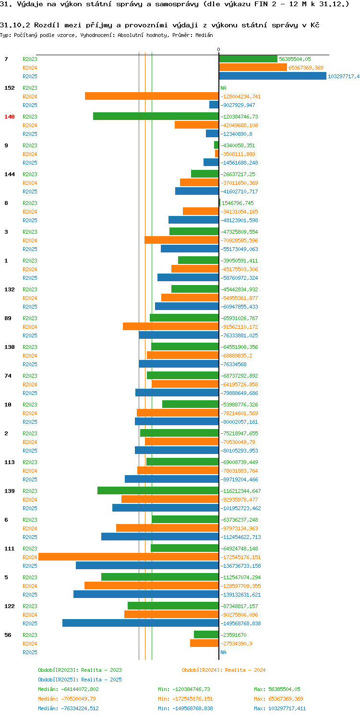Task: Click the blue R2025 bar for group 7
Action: click(273, 76)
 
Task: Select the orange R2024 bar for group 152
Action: click(152, 96)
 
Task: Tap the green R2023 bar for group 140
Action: click(156, 116)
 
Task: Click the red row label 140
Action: click(10, 117)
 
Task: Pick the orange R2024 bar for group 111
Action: click(129, 557)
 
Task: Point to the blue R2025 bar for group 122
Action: click(141, 623)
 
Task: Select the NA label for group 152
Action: click(223, 88)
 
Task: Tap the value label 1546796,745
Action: click(238, 203)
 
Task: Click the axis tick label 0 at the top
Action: click(218, 50)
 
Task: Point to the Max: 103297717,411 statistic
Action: click(280, 708)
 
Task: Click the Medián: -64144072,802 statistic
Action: click(68, 689)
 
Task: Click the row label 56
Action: click(8, 635)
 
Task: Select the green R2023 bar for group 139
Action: click(158, 490)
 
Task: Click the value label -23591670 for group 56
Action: click(233, 635)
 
